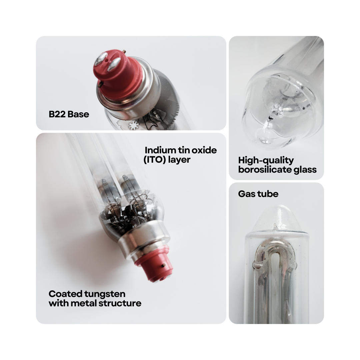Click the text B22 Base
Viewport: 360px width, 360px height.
pyautogui.click(x=69, y=114)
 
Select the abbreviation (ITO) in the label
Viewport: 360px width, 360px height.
pyautogui.click(x=155, y=160)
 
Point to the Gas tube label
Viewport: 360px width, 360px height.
pyautogui.click(x=258, y=194)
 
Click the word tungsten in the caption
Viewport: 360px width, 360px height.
pyautogui.click(x=105, y=294)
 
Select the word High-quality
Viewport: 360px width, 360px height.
pyautogui.click(x=266, y=160)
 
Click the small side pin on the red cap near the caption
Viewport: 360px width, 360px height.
pyautogui.click(x=163, y=266)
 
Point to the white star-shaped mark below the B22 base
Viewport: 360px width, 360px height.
pyautogui.click(x=133, y=125)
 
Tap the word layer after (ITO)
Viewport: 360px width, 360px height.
pyautogui.click(x=179, y=160)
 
